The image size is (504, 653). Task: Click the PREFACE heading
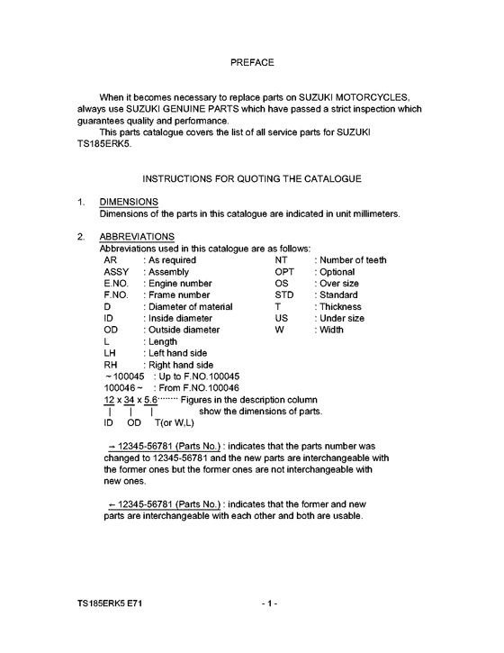coord(252,63)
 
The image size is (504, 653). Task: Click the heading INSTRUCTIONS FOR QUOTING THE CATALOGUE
coord(252,179)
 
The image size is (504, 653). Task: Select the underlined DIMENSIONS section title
coord(129,202)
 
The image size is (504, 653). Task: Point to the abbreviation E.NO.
coord(120,284)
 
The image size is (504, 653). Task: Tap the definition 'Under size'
coord(342,319)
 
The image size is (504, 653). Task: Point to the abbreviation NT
coord(281,260)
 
